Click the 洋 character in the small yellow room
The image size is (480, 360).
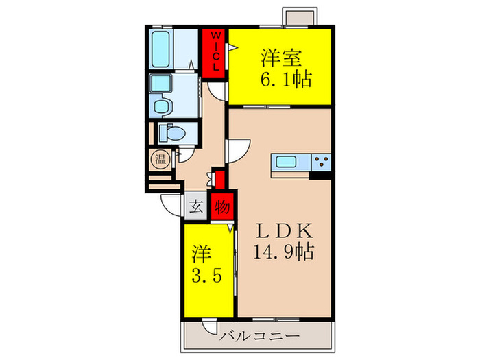[201, 251]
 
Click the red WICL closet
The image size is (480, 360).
[215, 53]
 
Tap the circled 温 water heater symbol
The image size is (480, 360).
[159, 160]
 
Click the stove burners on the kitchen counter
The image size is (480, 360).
[321, 163]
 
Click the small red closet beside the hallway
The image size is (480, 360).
[218, 178]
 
